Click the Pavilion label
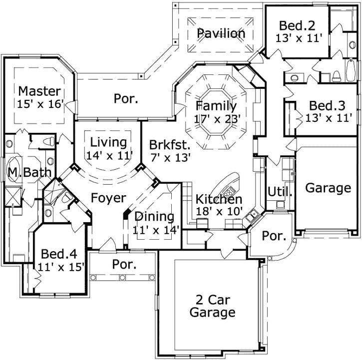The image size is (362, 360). [x=221, y=33]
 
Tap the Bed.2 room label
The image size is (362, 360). [x=297, y=25]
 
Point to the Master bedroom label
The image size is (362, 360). [x=39, y=91]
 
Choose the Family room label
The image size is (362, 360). [x=216, y=106]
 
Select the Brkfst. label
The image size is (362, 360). [x=170, y=145]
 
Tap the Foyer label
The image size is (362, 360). [x=108, y=198]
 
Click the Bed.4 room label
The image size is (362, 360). [x=59, y=253]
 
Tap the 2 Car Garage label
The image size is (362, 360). [x=215, y=306]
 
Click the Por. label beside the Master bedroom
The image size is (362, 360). [x=126, y=99]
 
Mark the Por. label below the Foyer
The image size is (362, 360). [x=124, y=264]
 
